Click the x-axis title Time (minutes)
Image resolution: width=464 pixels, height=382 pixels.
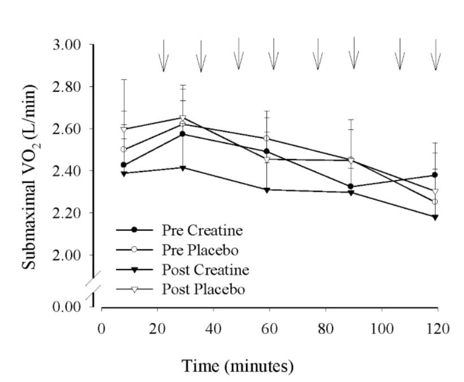238,366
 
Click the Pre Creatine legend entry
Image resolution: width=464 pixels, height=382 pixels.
195,230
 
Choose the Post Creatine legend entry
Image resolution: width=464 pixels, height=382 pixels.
198,269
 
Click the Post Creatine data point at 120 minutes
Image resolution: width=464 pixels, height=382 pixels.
435,217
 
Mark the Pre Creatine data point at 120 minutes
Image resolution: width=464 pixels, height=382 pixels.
435,175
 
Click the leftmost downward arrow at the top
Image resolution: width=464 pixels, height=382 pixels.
163,56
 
